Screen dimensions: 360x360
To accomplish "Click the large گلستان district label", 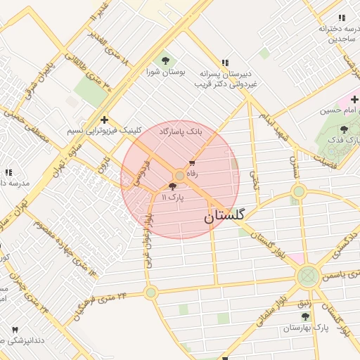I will pyautogui.click(x=224, y=216).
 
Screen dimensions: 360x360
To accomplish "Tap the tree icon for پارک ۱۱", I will pyautogui.click(x=173, y=186).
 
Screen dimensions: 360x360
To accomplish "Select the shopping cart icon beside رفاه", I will pyautogui.click(x=192, y=163).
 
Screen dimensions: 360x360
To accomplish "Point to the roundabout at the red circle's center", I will pyautogui.click(x=180, y=175).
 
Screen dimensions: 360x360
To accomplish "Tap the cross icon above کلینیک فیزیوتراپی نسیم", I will pyautogui.click(x=104, y=120).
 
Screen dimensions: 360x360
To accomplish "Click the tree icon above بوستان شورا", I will pyautogui.click(x=166, y=60).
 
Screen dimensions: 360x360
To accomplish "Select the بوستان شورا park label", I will pyautogui.click(x=166, y=72).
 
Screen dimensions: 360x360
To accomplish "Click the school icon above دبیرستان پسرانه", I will pyautogui.click(x=225, y=62).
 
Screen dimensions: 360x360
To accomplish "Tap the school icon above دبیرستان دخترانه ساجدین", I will pyautogui.click(x=342, y=18).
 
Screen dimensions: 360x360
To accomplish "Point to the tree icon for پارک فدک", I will pyautogui.click(x=343, y=129).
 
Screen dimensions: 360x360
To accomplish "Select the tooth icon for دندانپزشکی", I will pyautogui.click(x=15, y=329).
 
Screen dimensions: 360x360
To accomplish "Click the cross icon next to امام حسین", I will pyautogui.click(x=354, y=100).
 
